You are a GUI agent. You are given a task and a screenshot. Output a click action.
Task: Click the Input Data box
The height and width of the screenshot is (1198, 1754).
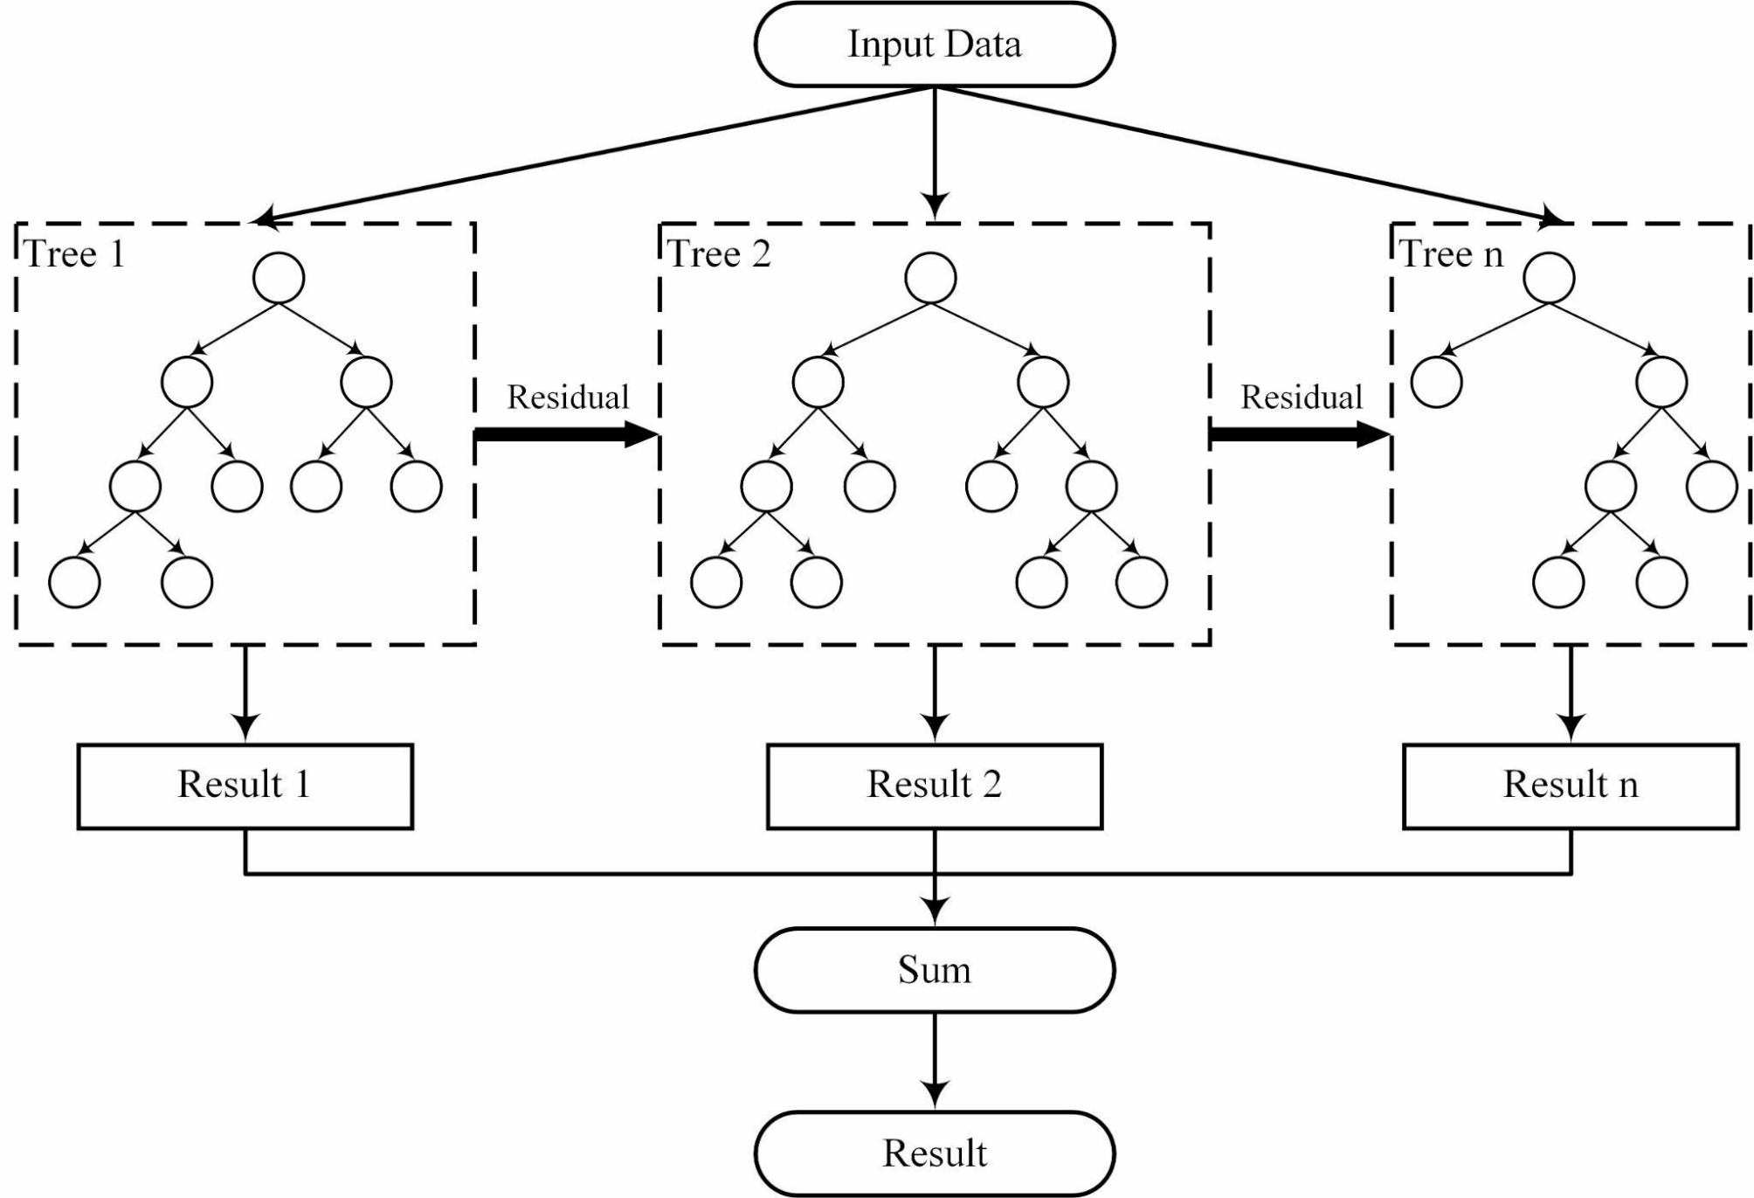pos(934,45)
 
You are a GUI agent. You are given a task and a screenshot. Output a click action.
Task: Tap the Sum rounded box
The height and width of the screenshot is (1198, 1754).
pos(934,970)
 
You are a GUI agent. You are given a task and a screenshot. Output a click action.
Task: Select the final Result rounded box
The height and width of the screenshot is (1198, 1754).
pos(934,1153)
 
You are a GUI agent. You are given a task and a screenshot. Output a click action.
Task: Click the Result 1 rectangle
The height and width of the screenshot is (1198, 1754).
pos(245,786)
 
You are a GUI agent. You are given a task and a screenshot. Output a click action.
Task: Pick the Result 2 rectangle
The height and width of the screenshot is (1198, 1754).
pos(934,786)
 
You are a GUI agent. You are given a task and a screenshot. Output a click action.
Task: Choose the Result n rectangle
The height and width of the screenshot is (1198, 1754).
pos(1570,786)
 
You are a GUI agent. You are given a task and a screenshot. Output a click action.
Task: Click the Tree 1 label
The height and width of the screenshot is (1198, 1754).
pos(75,254)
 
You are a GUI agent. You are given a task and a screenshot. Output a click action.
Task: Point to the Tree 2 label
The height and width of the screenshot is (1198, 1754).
pos(720,254)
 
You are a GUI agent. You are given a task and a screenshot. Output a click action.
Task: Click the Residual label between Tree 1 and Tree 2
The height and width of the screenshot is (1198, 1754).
pos(568,398)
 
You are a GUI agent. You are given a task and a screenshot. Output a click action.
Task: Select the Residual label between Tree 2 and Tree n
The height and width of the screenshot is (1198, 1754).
pos(1302,398)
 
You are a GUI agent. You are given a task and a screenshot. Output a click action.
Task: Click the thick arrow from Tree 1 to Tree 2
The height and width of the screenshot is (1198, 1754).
pos(566,433)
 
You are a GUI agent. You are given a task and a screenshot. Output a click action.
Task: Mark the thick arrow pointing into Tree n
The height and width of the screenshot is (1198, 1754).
pos(1300,433)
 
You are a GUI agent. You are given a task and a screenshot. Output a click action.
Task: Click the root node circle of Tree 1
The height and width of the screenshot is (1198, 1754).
pos(279,279)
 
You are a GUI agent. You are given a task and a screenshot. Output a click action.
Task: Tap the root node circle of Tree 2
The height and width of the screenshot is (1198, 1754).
pos(931,279)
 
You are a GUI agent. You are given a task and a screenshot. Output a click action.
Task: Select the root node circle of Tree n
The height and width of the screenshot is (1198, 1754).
pos(1549,279)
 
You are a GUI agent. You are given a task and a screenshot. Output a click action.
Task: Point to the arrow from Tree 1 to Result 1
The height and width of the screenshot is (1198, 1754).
pos(245,694)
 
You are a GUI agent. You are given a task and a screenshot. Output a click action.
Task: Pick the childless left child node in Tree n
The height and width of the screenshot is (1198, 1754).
pos(1436,383)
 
